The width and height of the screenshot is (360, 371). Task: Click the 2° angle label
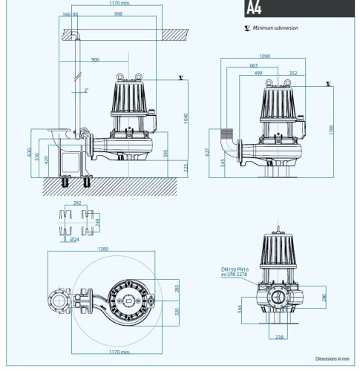[87, 90]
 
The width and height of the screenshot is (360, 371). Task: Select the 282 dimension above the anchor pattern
[76, 202]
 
